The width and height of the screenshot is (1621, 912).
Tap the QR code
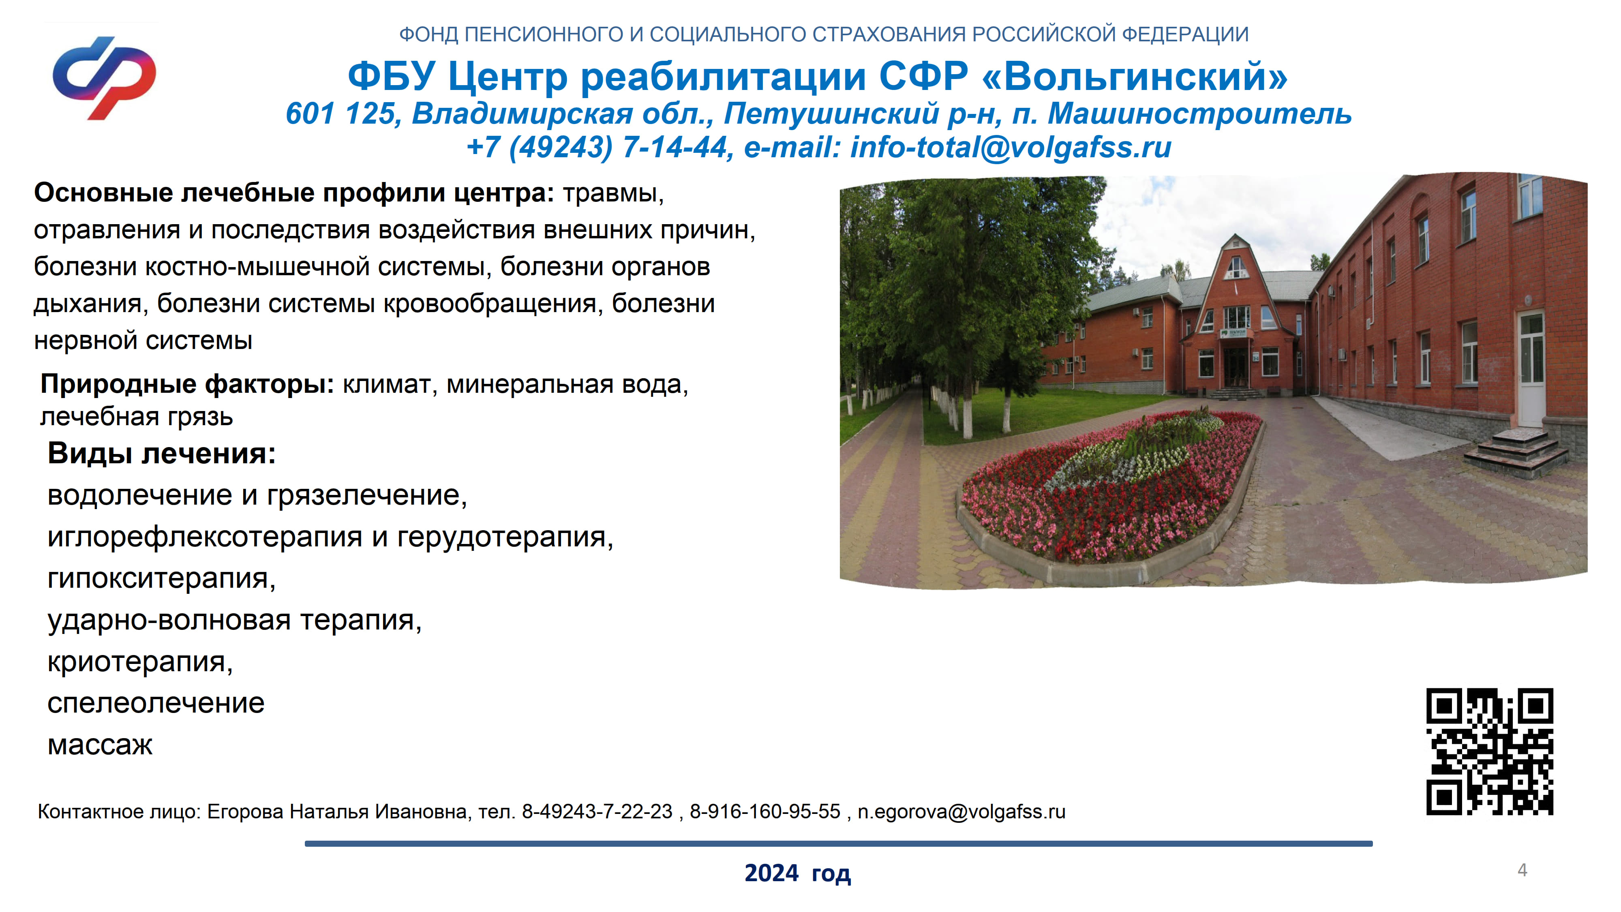click(x=1490, y=751)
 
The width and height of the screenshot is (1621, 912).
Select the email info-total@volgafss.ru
click(x=1011, y=147)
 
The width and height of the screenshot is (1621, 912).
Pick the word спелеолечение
click(x=156, y=703)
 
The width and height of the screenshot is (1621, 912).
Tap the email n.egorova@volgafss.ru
click(x=961, y=812)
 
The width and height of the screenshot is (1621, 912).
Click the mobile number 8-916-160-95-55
click(x=765, y=811)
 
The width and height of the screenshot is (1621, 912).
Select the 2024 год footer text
click(x=797, y=873)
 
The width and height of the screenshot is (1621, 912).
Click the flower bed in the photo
click(x=1111, y=485)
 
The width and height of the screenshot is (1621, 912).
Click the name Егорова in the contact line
click(x=245, y=812)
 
